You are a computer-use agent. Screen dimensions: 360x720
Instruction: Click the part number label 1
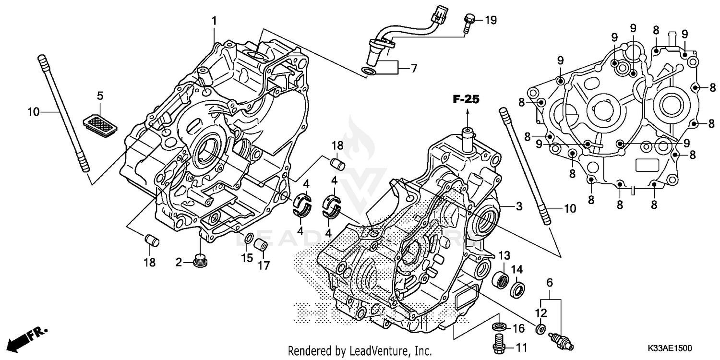coord(214,21)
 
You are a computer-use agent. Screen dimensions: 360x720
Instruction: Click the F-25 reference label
coord(466,100)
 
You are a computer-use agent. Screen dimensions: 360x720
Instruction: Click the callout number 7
coord(414,69)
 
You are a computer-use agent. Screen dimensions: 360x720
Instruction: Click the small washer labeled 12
coord(541,329)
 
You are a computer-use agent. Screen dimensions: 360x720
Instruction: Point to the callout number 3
coord(519,207)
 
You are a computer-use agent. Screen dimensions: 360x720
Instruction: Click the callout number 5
coord(100,96)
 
